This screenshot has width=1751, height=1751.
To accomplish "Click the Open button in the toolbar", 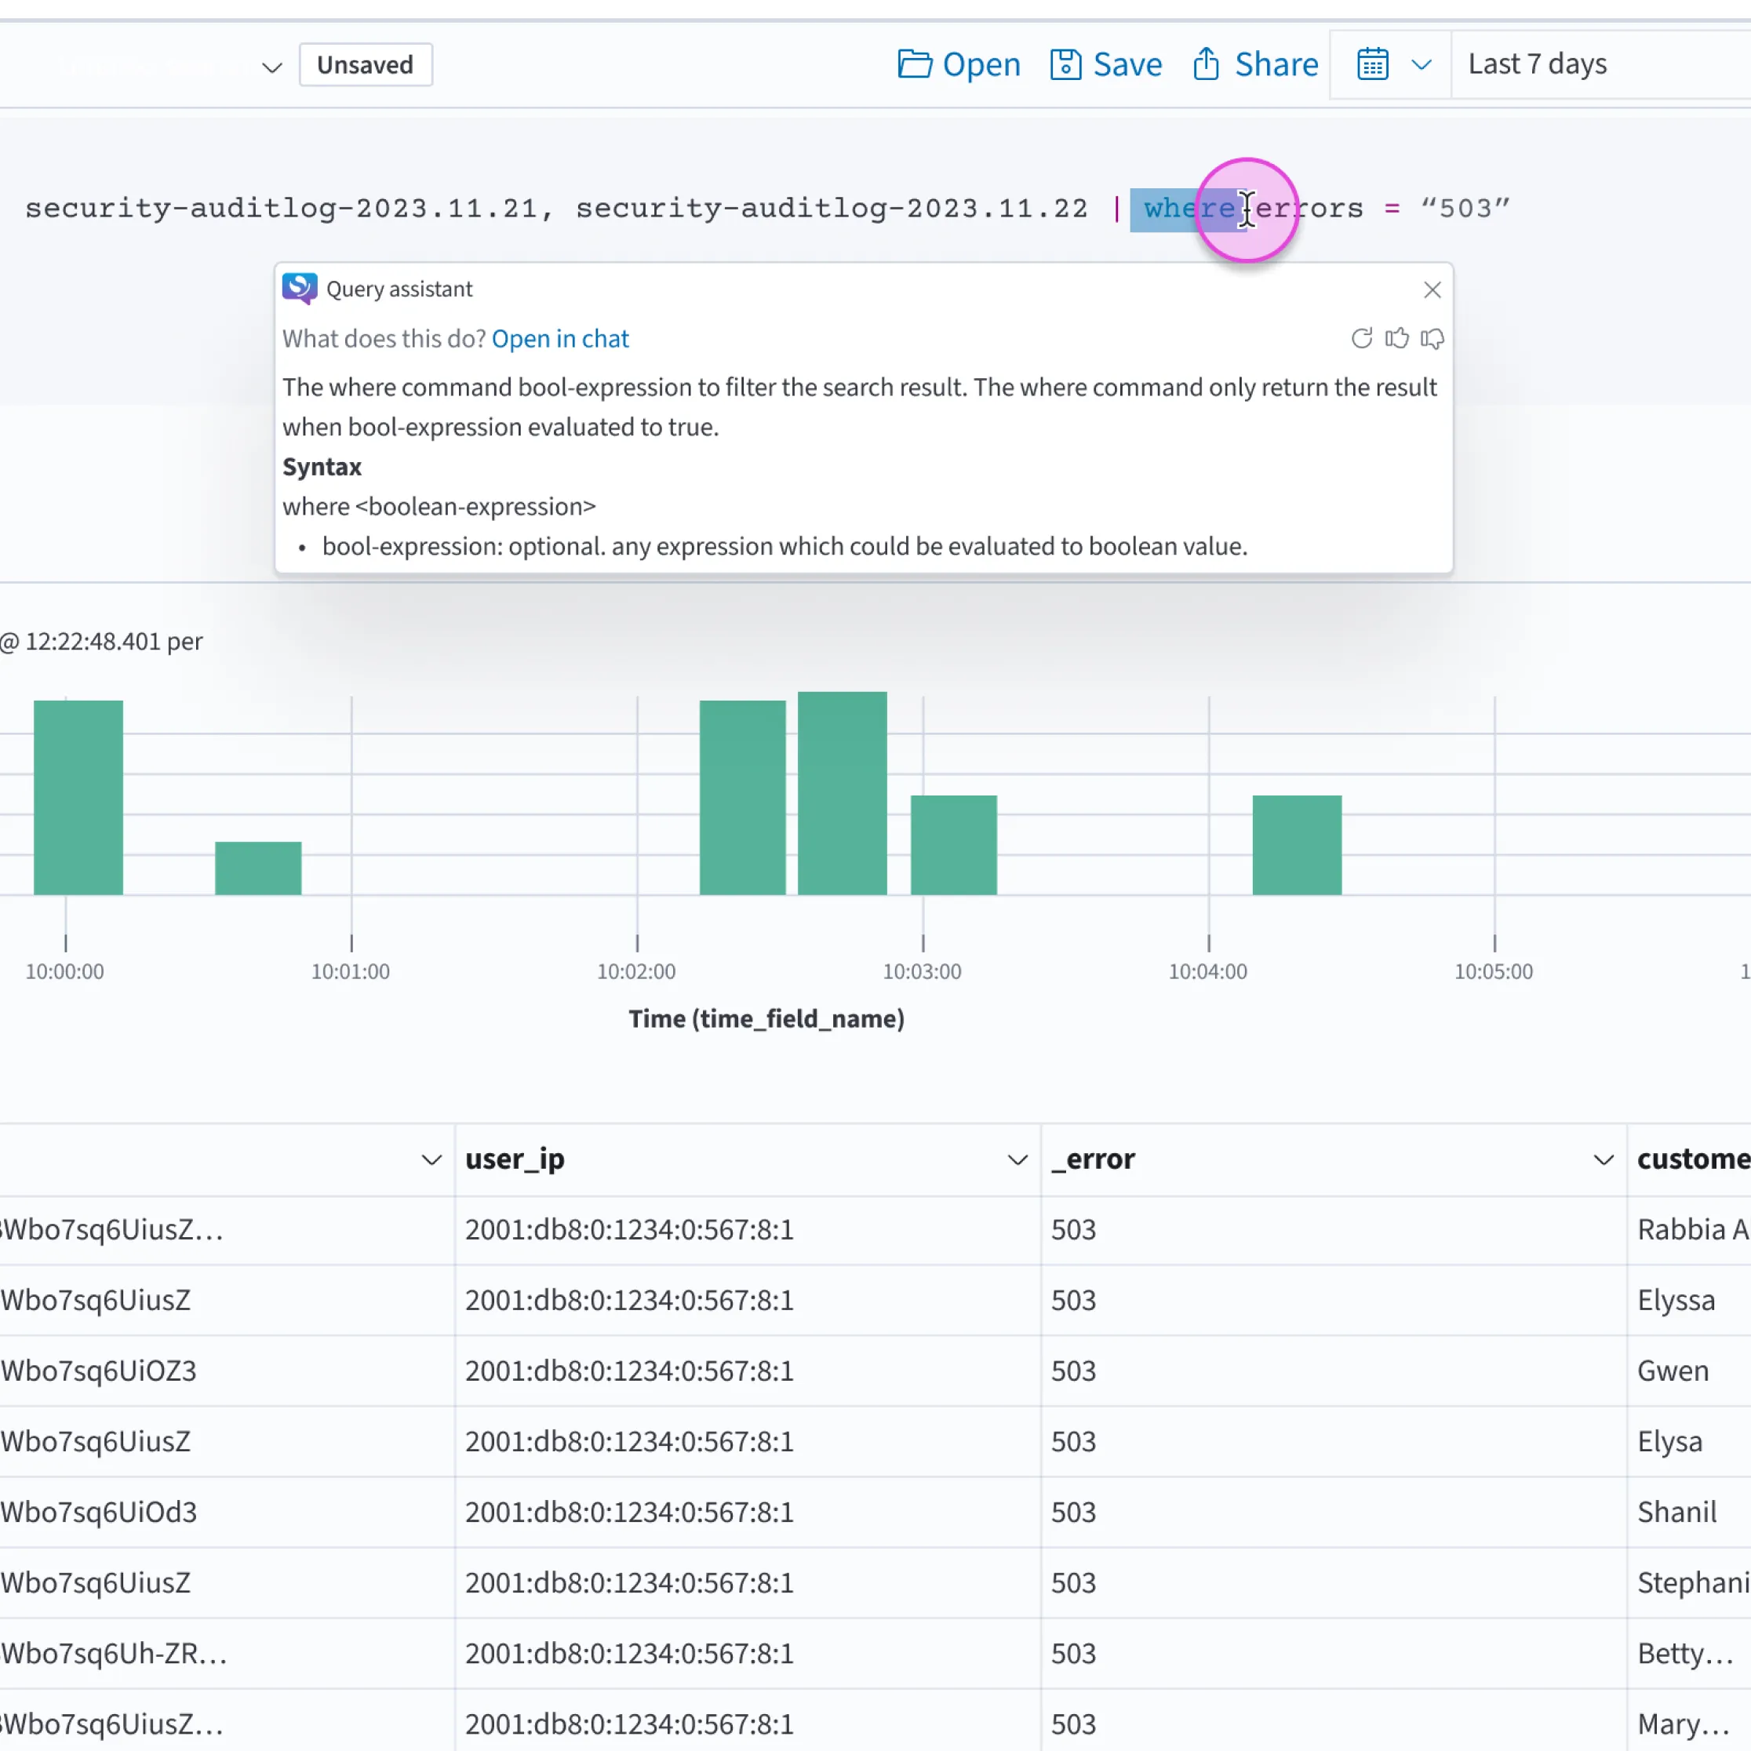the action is pos(959,64).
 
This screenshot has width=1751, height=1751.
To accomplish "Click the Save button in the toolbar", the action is pos(1105,64).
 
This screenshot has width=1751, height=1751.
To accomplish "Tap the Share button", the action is pos(1255,64).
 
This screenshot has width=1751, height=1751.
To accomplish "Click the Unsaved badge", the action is pos(366,65).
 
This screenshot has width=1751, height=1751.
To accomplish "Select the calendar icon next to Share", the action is pos(1372,64).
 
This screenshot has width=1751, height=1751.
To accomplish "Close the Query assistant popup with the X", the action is pos(1432,290).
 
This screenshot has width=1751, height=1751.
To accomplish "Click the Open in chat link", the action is pos(560,339).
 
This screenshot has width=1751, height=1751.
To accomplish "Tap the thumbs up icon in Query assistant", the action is pos(1396,339).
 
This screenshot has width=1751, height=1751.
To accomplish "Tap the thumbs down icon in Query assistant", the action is pos(1432,339).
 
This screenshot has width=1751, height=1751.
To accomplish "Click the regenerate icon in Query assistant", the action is pos(1361,339).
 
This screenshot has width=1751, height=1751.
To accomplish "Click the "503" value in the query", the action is pos(1465,209).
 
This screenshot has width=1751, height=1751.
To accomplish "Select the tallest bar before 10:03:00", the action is pos(842,793).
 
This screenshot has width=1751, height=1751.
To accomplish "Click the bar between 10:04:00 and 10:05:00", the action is pos(1297,845).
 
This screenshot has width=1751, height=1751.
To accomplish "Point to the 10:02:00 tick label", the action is pos(636,971).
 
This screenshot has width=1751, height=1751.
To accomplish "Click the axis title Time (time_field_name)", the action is pos(766,1019).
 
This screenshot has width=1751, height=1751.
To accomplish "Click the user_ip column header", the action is pos(515,1159).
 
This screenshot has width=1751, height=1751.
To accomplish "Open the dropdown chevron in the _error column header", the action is pos(1604,1160).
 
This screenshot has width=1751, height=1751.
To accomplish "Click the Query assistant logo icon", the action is pos(299,288).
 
